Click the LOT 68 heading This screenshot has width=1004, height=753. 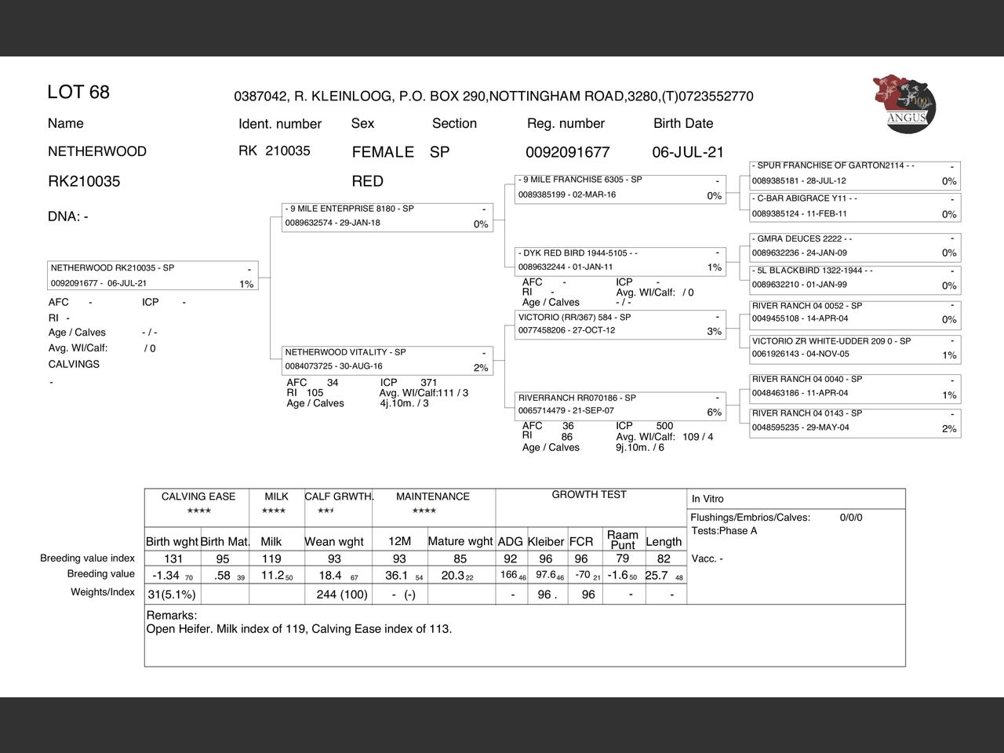[x=78, y=93]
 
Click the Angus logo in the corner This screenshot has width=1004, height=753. [x=904, y=104]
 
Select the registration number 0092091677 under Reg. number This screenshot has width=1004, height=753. [x=567, y=152]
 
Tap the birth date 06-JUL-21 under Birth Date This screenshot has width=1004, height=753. [x=688, y=152]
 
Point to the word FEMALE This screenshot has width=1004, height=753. [x=383, y=152]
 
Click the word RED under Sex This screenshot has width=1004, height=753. [x=367, y=181]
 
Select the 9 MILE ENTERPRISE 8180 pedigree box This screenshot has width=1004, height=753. [x=387, y=216]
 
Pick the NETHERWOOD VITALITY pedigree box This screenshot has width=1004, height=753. [x=387, y=360]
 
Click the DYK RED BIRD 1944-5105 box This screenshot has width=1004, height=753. [x=620, y=260]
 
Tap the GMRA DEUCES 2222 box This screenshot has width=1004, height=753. [x=854, y=246]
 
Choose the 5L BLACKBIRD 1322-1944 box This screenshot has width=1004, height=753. [x=854, y=278]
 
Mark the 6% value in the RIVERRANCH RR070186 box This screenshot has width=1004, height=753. [x=714, y=413]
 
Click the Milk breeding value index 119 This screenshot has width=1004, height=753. [x=271, y=559]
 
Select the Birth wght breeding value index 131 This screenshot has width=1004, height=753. [x=173, y=559]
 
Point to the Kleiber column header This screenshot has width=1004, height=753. [x=546, y=541]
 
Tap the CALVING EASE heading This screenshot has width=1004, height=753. [x=198, y=497]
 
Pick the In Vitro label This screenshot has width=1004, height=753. [x=708, y=499]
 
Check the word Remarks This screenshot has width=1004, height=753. [x=172, y=616]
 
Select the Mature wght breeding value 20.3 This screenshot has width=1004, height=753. [x=453, y=576]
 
